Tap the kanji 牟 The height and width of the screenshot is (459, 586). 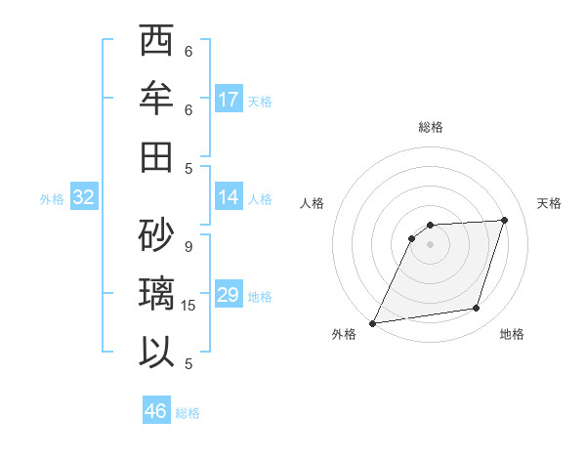coord(156,100)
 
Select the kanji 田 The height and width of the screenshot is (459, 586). coord(156,157)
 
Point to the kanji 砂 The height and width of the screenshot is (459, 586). coord(156,233)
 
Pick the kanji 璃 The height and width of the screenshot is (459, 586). coord(156,293)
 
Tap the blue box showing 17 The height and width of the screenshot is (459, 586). coord(229,100)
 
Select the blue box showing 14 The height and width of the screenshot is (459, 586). coord(229,197)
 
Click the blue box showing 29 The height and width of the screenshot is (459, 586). coord(229,295)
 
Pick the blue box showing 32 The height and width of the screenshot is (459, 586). coord(84,197)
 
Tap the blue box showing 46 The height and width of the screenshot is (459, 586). coord(156,411)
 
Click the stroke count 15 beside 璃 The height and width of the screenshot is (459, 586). coord(189,306)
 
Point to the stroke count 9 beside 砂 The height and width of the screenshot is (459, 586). coord(188,247)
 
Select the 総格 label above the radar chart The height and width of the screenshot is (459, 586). coord(430,127)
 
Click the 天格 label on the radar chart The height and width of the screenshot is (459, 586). coord(549,203)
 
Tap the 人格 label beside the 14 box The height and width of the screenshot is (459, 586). coord(259,198)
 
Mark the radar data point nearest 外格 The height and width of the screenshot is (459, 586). coord(372,323)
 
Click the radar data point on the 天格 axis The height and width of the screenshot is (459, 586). coord(504,220)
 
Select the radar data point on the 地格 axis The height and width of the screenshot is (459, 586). coord(477,309)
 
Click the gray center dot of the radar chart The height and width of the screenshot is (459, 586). coord(430,244)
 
